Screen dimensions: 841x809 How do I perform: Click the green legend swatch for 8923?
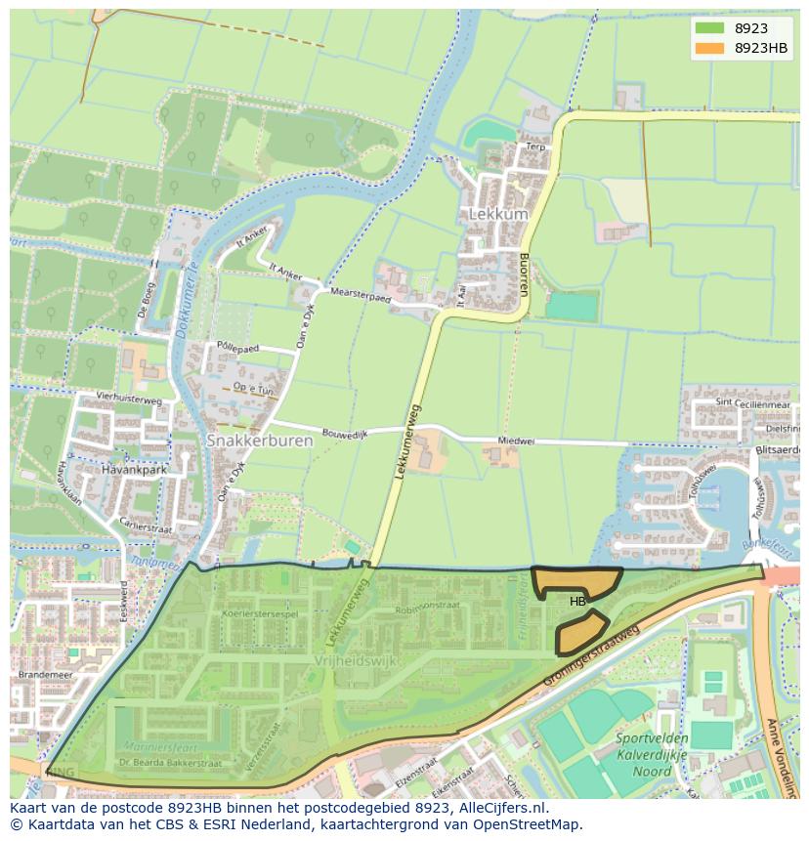pyautogui.click(x=710, y=28)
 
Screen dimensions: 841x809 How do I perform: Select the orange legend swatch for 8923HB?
pyautogui.click(x=710, y=48)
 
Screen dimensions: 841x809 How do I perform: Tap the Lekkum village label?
pyautogui.click(x=497, y=214)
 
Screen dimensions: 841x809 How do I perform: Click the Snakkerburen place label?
pyautogui.click(x=260, y=441)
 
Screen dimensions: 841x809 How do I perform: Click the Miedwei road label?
pyautogui.click(x=516, y=441)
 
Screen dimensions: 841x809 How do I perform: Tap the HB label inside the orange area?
pyautogui.click(x=577, y=601)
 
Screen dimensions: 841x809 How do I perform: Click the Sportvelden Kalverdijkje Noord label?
pyautogui.click(x=652, y=755)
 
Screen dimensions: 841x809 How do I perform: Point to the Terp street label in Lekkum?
pyautogui.click(x=534, y=147)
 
